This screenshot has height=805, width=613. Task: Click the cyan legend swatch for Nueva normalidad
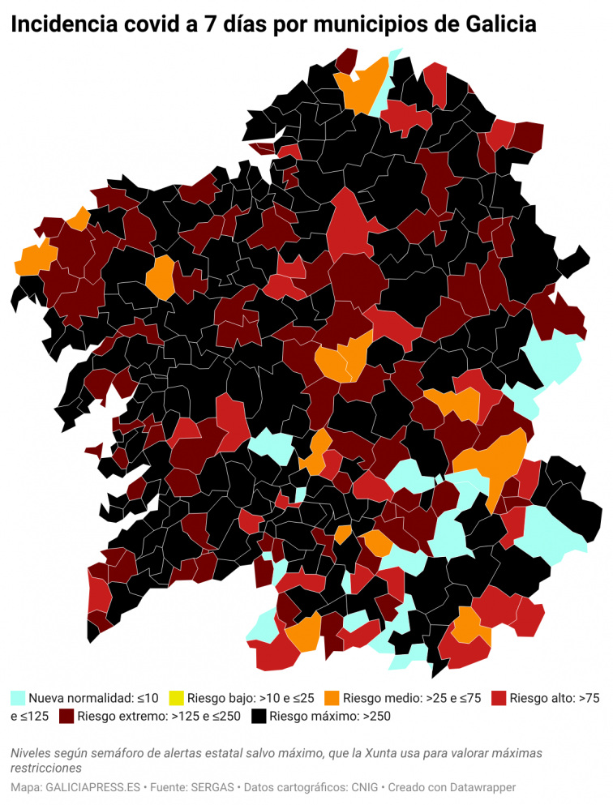tap(18, 697)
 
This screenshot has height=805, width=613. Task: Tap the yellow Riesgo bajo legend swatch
tap(176, 697)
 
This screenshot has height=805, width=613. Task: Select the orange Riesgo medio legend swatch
tap(331, 697)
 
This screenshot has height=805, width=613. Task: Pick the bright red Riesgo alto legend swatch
tap(499, 697)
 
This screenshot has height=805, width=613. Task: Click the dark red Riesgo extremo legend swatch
tap(66, 716)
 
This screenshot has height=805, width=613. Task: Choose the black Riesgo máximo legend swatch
tap(259, 716)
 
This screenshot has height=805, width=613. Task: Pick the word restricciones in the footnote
tap(46, 768)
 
